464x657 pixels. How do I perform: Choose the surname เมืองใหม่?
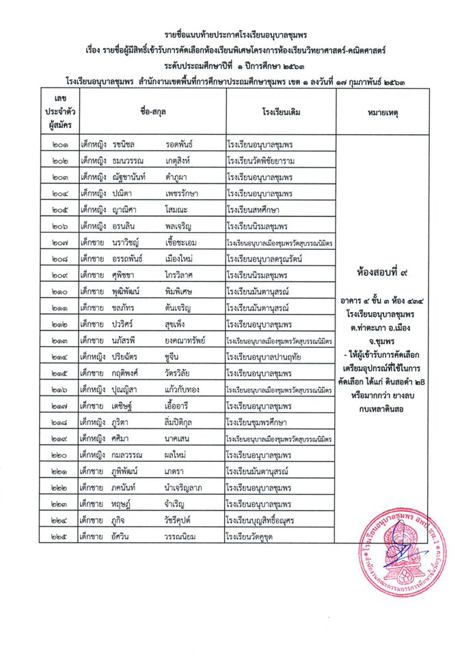[180, 259]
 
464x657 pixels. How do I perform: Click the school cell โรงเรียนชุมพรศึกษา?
[262, 439]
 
